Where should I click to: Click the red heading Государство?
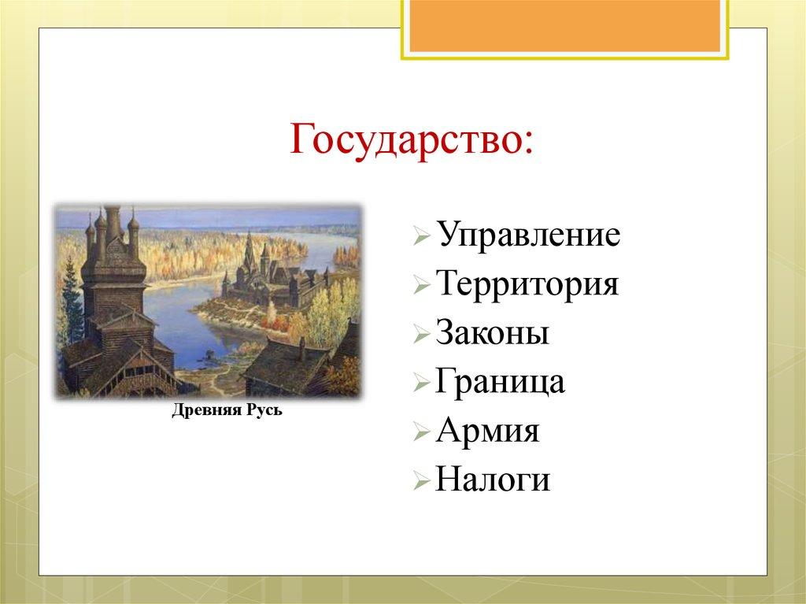[x=412, y=139]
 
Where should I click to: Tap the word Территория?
[x=527, y=283]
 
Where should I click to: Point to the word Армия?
[x=487, y=431]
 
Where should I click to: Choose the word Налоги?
[x=492, y=480]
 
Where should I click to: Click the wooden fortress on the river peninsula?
[x=268, y=276]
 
